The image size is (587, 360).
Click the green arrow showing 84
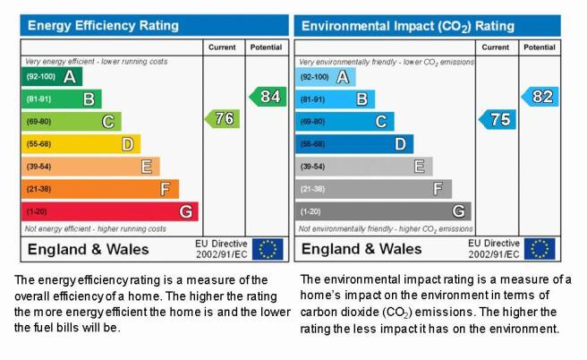(268, 97)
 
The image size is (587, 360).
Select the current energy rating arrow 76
(223, 119)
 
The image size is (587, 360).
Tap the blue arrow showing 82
(540, 97)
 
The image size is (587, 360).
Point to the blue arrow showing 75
(498, 119)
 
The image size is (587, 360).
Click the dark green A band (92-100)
(52, 76)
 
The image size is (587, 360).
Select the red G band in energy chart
(110, 211)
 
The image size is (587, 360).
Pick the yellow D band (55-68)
(81, 144)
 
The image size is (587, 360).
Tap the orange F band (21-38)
(100, 189)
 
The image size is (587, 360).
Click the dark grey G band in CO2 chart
(383, 211)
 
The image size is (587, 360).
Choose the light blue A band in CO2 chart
(326, 77)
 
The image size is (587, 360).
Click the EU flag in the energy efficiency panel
(268, 249)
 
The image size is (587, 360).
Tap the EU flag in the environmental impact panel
(540, 249)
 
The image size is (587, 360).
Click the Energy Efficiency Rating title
(103, 25)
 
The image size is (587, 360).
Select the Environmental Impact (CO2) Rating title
(408, 26)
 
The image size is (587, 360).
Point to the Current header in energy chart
(222, 47)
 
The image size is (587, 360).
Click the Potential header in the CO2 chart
(540, 47)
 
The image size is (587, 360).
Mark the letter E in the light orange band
(147, 167)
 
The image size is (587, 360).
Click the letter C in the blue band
(381, 122)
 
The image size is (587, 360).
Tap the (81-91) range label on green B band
(38, 99)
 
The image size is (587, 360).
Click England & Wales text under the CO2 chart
(362, 249)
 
